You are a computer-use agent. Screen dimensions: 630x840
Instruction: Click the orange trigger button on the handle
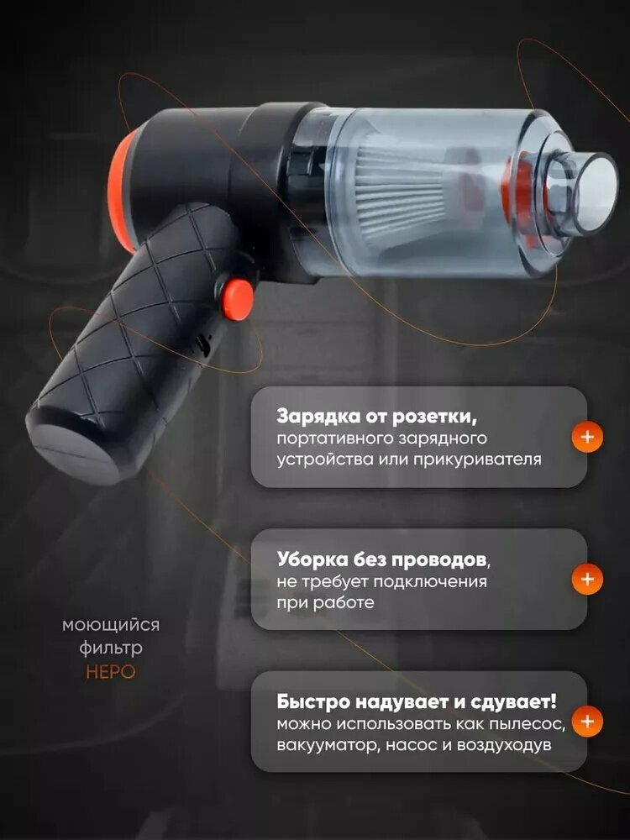coord(238,300)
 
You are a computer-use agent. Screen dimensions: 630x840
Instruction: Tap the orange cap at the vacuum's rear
coord(120,193)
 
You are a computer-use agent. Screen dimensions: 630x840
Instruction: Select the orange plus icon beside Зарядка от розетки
coord(587,437)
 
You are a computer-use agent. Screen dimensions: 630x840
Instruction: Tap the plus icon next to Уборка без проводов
coord(587,579)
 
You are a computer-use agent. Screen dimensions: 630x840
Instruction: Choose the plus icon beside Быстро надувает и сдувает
coord(587,721)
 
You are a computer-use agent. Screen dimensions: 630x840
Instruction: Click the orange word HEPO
coord(110,671)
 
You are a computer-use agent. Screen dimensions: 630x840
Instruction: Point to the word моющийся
coord(111,625)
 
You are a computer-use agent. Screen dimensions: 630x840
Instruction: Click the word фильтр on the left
coord(111,648)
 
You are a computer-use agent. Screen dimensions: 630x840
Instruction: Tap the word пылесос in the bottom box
coord(528,724)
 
